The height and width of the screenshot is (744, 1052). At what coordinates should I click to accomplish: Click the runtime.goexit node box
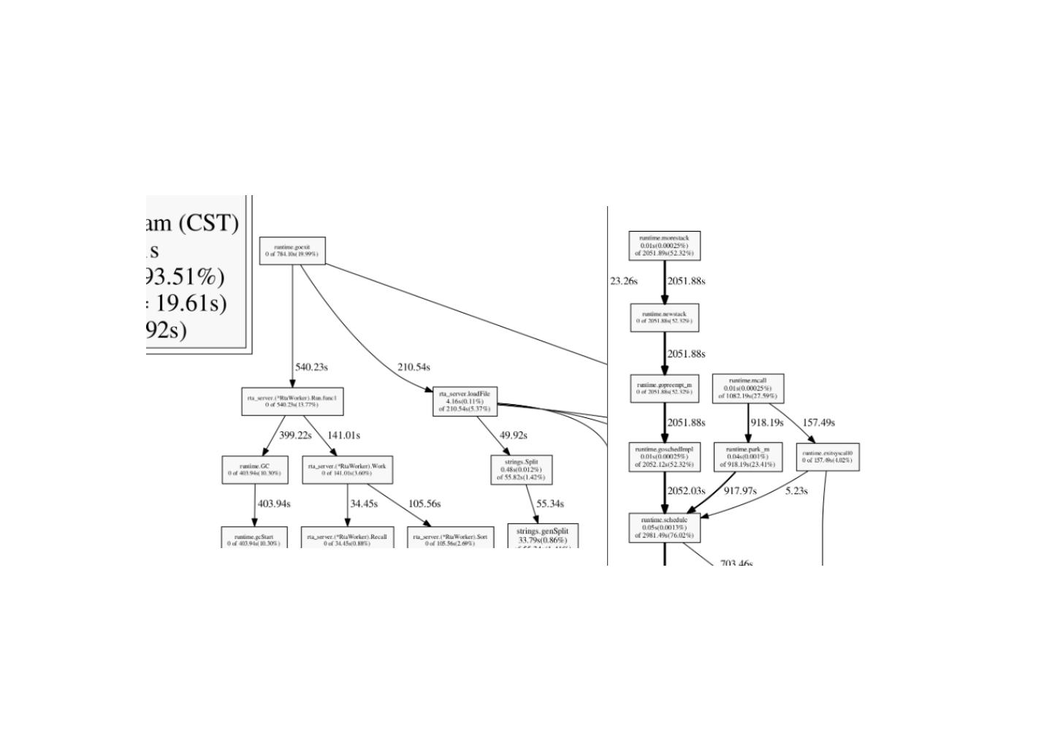click(292, 251)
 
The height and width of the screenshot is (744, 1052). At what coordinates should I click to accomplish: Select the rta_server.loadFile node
click(465, 402)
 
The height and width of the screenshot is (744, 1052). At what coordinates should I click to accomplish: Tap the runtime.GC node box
click(254, 470)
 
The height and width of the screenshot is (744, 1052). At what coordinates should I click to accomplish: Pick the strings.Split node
click(521, 470)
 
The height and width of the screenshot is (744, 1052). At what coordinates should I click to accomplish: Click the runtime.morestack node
click(664, 246)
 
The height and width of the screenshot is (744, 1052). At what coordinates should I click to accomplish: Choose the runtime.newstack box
click(664, 318)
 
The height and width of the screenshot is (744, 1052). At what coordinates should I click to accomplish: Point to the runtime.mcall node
click(748, 389)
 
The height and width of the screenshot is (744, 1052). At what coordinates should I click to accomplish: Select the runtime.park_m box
click(748, 457)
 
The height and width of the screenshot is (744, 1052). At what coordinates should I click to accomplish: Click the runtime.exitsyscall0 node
click(827, 457)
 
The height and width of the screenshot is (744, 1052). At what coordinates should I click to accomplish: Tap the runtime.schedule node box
click(664, 528)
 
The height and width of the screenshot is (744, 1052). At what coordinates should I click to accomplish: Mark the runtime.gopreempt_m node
click(664, 389)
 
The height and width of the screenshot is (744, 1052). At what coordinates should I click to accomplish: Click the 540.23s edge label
click(311, 367)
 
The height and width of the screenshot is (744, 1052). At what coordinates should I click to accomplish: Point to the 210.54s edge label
click(413, 367)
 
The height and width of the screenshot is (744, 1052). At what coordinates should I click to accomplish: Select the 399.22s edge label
click(295, 436)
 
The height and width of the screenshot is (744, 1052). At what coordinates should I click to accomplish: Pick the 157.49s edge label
click(818, 422)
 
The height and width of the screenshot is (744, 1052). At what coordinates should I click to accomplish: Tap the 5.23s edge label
click(796, 491)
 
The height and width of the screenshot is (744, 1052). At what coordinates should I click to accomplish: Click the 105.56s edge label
click(424, 504)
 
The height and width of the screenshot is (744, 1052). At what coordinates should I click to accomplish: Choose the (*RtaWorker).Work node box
click(347, 470)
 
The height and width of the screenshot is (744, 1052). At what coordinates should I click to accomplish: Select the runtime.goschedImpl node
click(664, 457)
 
